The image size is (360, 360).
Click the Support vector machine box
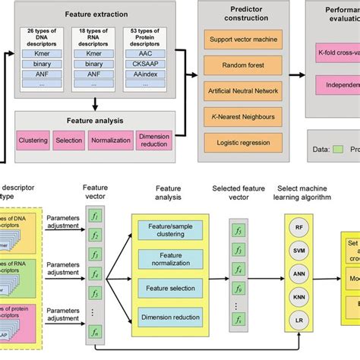[x=242, y=38]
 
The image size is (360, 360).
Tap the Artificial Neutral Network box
[x=242, y=91]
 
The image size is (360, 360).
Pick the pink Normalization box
[x=112, y=141]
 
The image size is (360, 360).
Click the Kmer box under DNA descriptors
[x=43, y=54]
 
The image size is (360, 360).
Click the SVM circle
[x=299, y=250]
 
